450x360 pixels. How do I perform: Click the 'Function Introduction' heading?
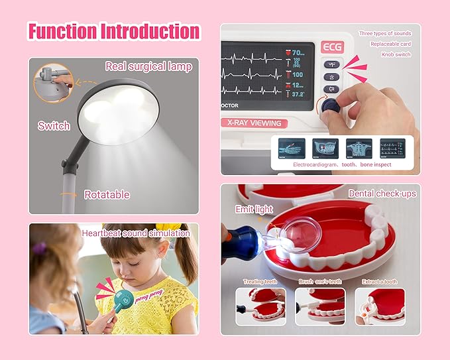coord(113,31)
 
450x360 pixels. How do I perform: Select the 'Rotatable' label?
coord(107,195)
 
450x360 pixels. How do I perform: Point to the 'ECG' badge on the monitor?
coord(331,47)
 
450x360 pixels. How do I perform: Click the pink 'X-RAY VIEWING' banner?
coord(254,123)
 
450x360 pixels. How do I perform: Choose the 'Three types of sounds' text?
coord(384,33)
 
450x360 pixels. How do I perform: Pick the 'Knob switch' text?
coord(396,54)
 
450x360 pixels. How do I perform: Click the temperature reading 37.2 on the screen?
coord(299,94)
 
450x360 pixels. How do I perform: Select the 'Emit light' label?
coord(254,210)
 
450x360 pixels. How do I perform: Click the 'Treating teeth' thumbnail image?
coord(260,306)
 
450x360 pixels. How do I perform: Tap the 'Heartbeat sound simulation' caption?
coord(136,233)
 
